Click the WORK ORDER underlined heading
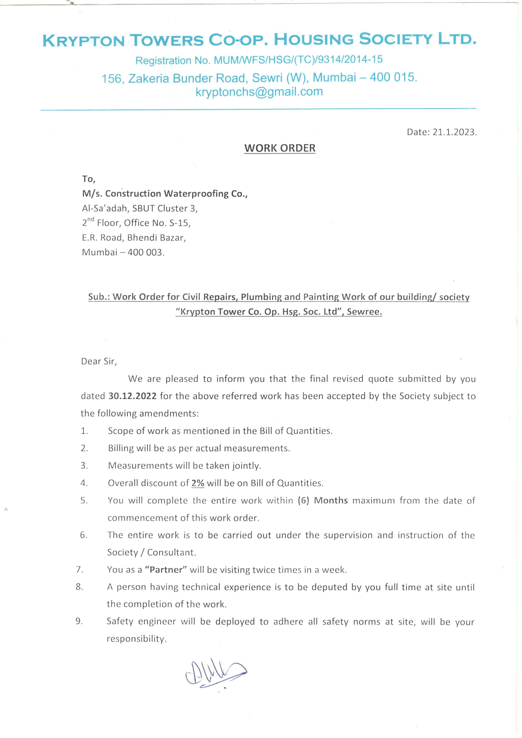280,148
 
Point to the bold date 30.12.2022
132,396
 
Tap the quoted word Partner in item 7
166,570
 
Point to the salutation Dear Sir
99,361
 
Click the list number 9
79,622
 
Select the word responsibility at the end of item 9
136,639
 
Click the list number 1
84,431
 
